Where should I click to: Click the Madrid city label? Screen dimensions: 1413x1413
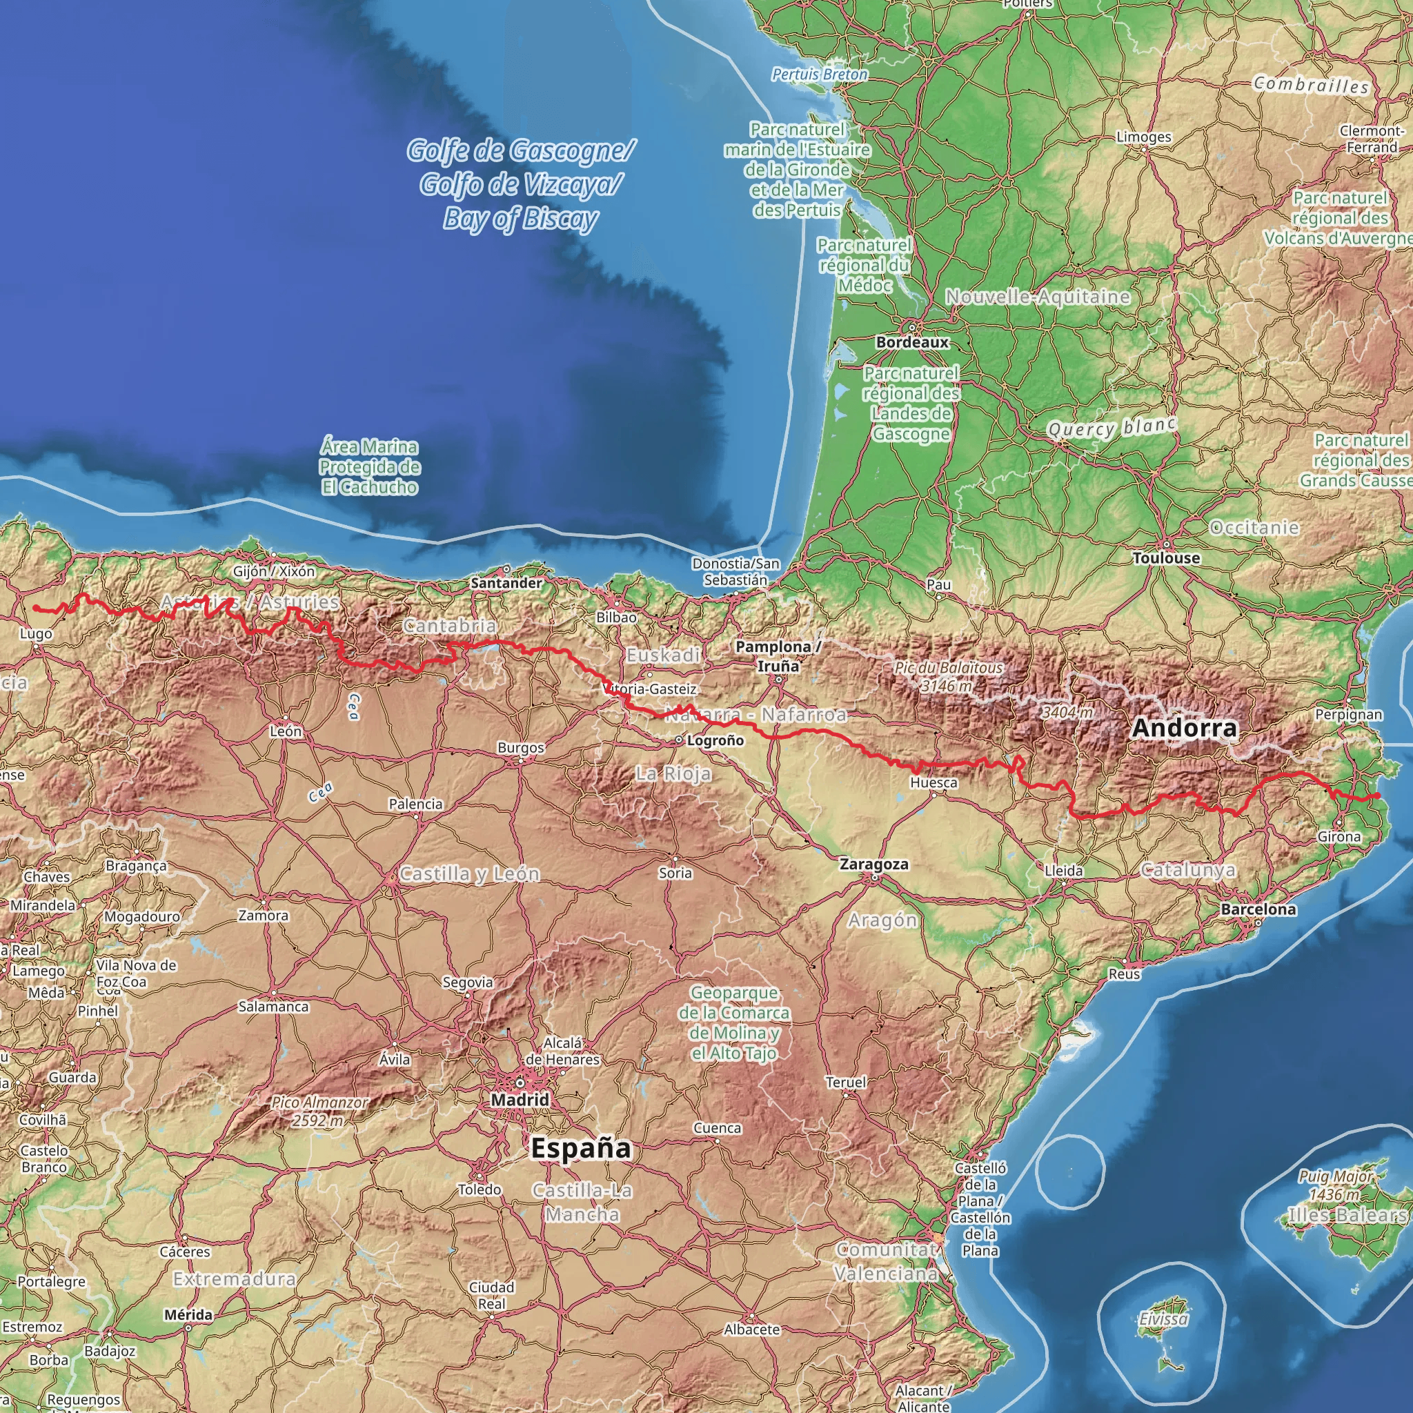tap(520, 1100)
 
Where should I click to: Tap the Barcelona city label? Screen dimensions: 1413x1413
tap(1258, 909)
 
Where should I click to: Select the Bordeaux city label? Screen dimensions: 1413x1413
tap(912, 342)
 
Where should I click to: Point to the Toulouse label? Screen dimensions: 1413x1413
tap(1167, 558)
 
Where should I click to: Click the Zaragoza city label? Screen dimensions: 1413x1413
tap(874, 864)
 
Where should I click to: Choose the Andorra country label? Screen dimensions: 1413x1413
tap(1184, 728)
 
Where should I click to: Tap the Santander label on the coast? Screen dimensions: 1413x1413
tap(506, 583)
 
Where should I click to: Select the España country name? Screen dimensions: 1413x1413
tap(581, 1148)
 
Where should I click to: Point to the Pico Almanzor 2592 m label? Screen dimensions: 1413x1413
tap(319, 1111)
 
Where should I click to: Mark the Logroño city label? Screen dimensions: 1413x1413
tap(715, 740)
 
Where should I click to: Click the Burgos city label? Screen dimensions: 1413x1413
tap(521, 747)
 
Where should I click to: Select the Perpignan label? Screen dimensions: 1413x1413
tap(1349, 715)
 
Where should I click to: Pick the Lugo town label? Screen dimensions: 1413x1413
tap(36, 633)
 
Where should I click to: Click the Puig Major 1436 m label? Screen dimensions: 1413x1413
tap(1336, 1184)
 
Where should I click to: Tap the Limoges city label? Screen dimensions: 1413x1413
tap(1144, 137)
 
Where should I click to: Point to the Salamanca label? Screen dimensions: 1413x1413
tap(273, 1007)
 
